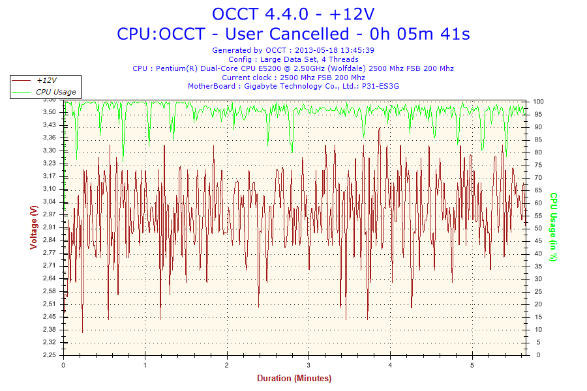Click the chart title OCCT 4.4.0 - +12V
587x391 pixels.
click(293, 14)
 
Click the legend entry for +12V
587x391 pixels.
click(46, 80)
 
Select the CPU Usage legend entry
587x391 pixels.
click(55, 92)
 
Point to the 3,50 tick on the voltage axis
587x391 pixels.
click(49, 112)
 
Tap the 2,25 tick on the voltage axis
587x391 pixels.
click(49, 355)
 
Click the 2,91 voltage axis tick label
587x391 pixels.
click(49, 227)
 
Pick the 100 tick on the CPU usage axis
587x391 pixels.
click(539, 102)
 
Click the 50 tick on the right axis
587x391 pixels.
click(537, 228)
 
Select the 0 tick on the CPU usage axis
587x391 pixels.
click(535, 355)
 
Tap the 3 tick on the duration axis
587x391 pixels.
click(309, 366)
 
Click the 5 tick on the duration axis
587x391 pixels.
click(472, 366)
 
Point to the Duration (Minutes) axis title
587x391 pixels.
click(293, 379)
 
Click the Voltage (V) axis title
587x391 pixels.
click(33, 227)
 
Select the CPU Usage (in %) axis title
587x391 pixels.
click(553, 227)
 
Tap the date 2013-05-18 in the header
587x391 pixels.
click(316, 50)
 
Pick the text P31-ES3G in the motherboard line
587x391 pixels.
click(380, 86)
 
